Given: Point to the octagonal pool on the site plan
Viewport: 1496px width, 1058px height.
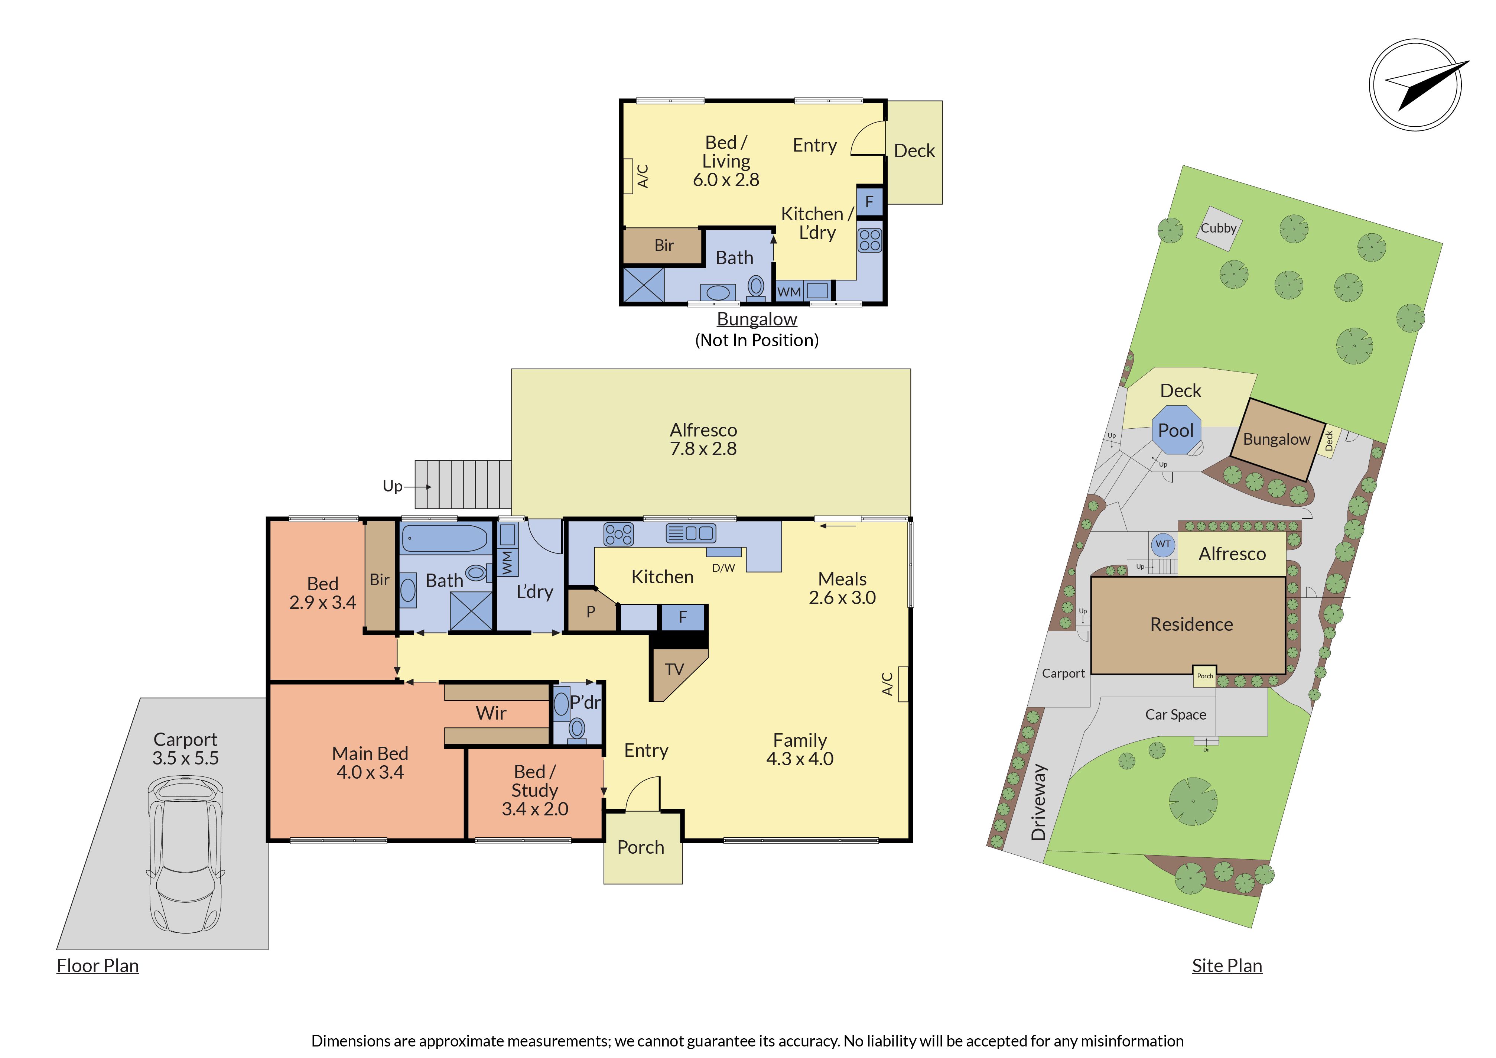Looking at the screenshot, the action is click(x=1176, y=430).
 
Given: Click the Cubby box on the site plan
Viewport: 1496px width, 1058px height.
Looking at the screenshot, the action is click(x=1219, y=229).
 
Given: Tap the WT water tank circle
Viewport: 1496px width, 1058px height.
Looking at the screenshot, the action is click(x=1163, y=544).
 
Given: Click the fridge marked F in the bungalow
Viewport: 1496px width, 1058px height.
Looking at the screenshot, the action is click(x=869, y=202).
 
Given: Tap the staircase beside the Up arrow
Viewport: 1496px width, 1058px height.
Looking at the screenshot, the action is click(x=463, y=484).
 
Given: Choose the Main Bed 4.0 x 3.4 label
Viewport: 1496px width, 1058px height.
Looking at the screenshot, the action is click(x=370, y=763).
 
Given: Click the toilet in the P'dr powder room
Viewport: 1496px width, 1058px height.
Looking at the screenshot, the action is click(x=577, y=729).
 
